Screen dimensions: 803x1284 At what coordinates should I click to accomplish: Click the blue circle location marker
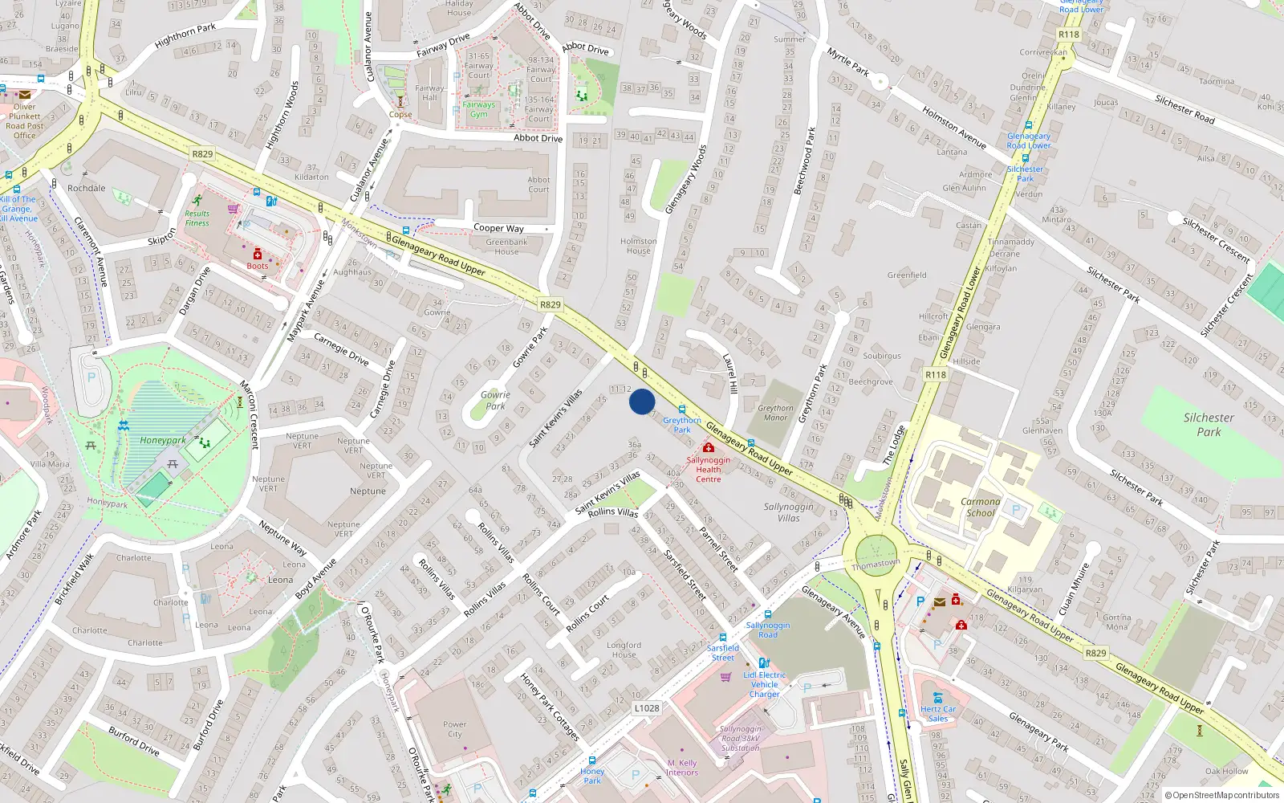pos(642,401)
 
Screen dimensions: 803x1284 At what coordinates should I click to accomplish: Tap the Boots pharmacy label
pos(258,266)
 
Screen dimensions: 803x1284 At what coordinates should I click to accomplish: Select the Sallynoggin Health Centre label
pos(708,470)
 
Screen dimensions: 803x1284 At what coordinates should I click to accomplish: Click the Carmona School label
pos(981,507)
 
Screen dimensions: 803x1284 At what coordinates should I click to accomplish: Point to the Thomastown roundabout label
pos(876,565)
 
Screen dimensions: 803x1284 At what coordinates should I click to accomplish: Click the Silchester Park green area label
pos(1209,425)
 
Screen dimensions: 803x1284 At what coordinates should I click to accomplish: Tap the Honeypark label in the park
pos(163,440)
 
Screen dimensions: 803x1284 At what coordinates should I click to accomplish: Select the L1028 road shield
pos(647,708)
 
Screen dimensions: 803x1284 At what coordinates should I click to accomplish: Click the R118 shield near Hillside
pos(936,375)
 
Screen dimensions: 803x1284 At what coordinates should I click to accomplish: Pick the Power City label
pos(454,729)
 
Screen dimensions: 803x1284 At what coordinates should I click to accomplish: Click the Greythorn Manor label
pos(775,413)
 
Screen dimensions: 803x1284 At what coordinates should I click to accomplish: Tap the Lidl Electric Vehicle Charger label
pos(764,684)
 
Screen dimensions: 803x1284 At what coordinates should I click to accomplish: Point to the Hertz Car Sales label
pos(938,714)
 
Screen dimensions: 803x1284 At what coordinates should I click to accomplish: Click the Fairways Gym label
pos(478,109)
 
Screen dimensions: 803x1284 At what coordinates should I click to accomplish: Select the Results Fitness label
pos(197,218)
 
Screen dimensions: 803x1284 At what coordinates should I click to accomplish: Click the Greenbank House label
pos(506,247)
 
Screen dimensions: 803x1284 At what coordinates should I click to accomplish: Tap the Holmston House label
pos(639,246)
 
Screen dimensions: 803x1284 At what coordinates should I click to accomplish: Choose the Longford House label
pos(624,650)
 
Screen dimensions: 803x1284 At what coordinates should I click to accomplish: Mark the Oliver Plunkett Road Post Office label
pos(25,120)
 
